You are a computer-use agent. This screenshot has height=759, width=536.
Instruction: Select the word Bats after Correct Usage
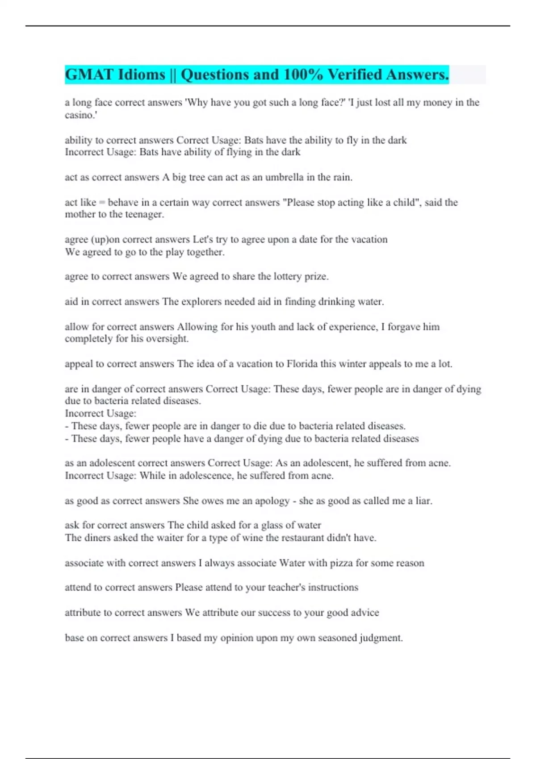pos(254,140)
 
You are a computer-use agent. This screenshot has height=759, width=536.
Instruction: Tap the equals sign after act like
pos(102,203)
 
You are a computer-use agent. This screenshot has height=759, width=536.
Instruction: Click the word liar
pos(423,500)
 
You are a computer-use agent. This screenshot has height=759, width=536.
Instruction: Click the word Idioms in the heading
pos(141,75)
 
